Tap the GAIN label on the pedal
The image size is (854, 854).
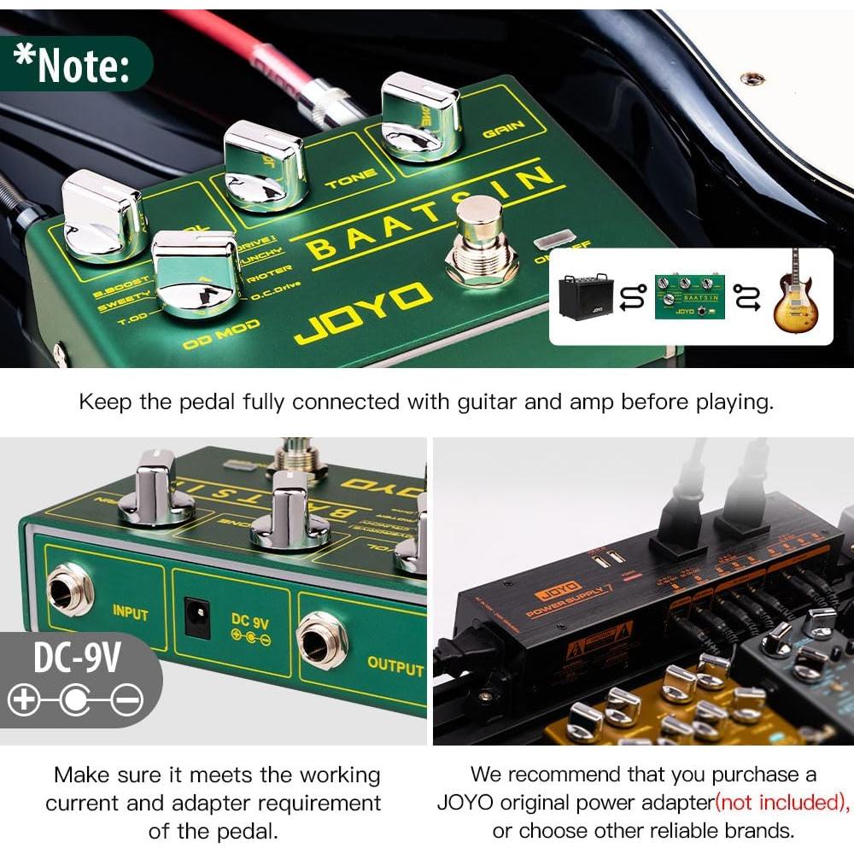502,131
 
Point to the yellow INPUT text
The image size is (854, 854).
130,612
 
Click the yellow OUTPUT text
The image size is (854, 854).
395,665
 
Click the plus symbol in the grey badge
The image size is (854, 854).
23,701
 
